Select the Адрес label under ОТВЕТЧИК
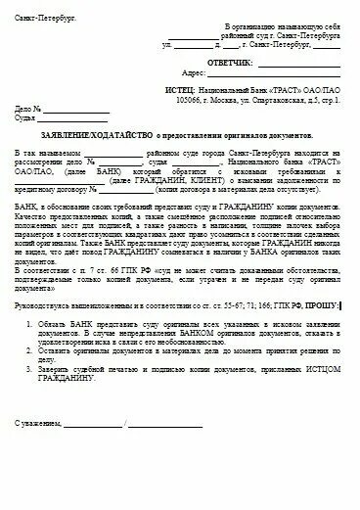point(220,71)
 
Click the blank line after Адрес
point(289,72)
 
